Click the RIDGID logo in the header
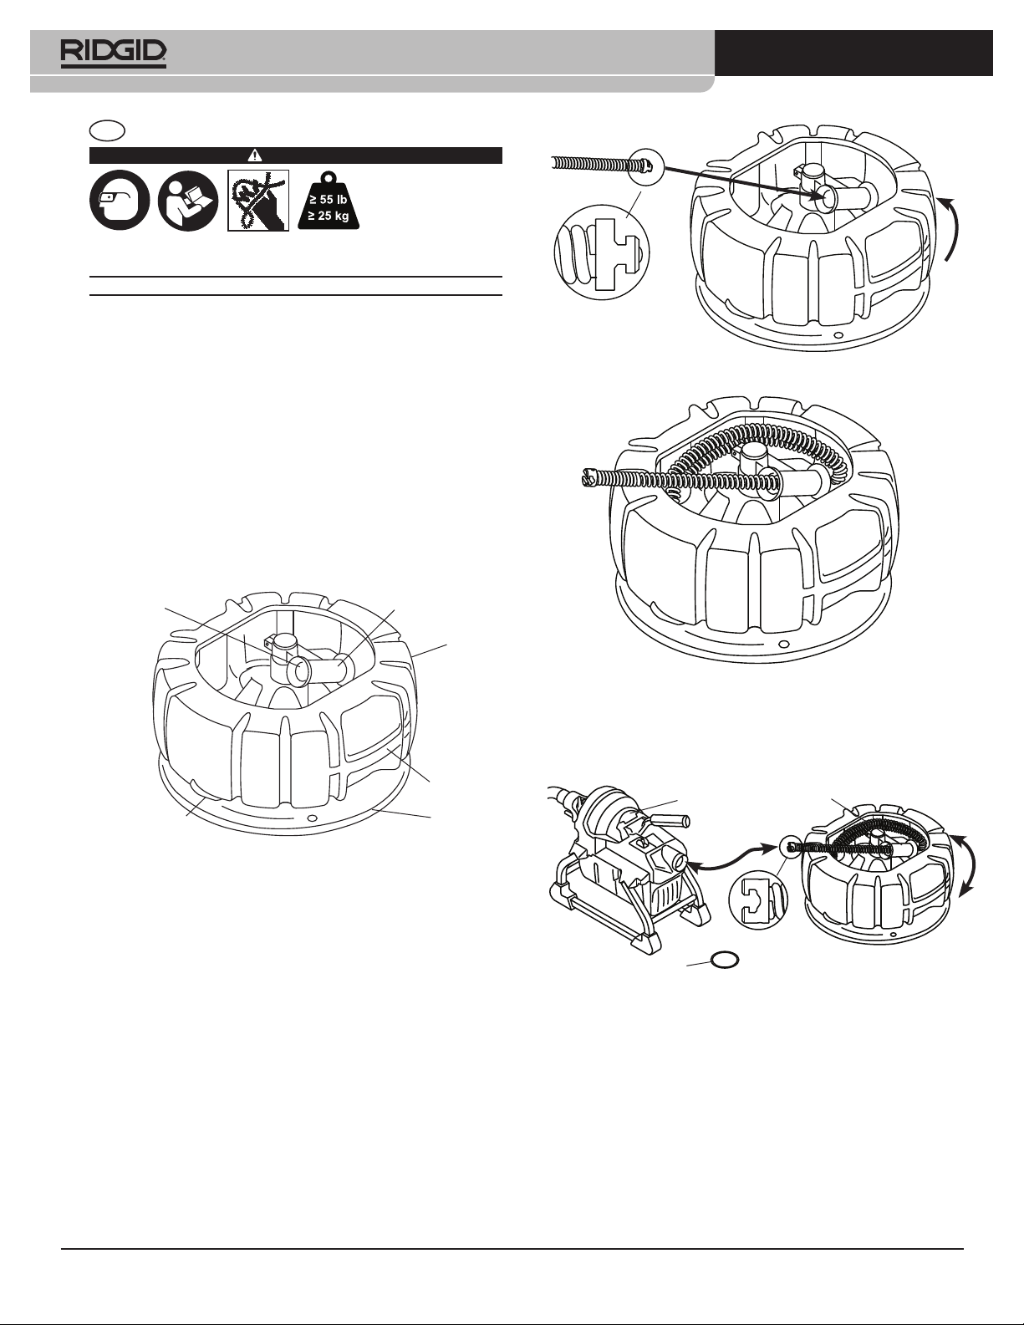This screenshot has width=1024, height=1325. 113,54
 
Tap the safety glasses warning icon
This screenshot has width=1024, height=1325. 120,201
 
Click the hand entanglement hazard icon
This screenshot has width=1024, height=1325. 259,201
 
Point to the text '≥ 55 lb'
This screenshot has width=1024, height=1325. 329,200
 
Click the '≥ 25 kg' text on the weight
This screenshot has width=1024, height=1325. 329,217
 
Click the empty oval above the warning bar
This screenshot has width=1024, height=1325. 108,130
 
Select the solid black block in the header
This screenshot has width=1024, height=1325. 853,54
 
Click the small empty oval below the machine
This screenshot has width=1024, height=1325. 725,961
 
